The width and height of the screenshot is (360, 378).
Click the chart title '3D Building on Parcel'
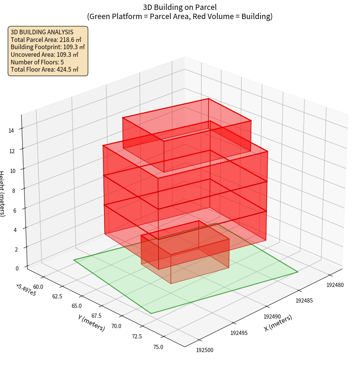[x=180, y=7]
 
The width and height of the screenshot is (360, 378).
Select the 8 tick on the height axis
[x=14, y=190]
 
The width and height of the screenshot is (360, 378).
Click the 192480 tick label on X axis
[x=335, y=284]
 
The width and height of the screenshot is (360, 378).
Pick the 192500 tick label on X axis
[x=205, y=350]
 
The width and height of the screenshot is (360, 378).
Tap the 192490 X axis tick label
[x=272, y=316]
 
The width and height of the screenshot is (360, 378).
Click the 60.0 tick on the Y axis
[x=38, y=287]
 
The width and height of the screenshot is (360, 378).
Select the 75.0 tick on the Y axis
[x=158, y=347]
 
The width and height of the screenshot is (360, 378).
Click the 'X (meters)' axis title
[x=278, y=323]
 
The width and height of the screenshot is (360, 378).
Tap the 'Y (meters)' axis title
[x=91, y=322]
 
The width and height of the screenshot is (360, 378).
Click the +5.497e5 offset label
[x=26, y=290]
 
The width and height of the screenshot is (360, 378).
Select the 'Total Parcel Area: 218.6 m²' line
[x=46, y=39]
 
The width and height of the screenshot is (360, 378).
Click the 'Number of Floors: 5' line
[x=37, y=62]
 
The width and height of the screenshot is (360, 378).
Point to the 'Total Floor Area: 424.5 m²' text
[x=45, y=70]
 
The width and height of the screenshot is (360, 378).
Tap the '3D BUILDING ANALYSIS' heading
[x=42, y=32]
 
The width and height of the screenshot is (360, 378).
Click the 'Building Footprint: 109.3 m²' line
[x=48, y=47]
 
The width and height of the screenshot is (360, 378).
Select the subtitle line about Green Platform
[x=180, y=16]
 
